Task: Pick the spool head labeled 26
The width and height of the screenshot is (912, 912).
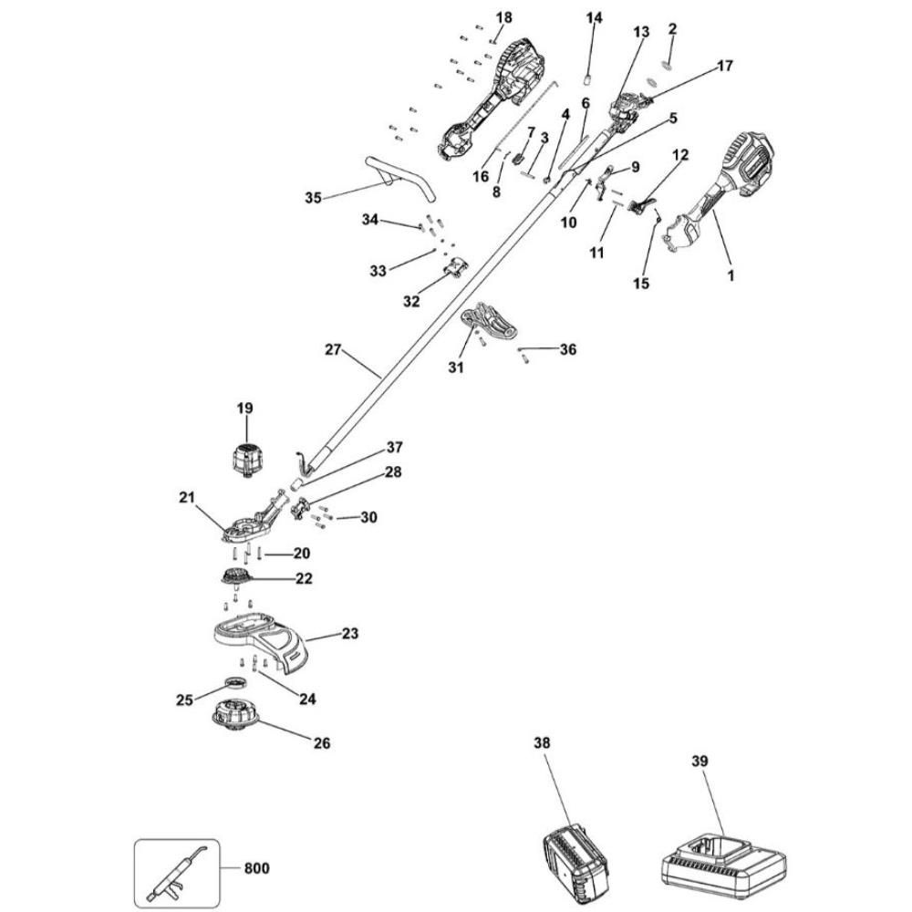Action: (235, 716)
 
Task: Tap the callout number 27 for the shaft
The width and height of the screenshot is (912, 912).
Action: (332, 348)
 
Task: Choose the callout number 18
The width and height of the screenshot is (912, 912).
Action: (503, 17)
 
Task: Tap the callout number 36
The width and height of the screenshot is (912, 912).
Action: (568, 349)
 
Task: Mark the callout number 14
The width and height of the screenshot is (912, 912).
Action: (594, 17)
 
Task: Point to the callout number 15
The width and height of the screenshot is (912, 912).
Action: (641, 284)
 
